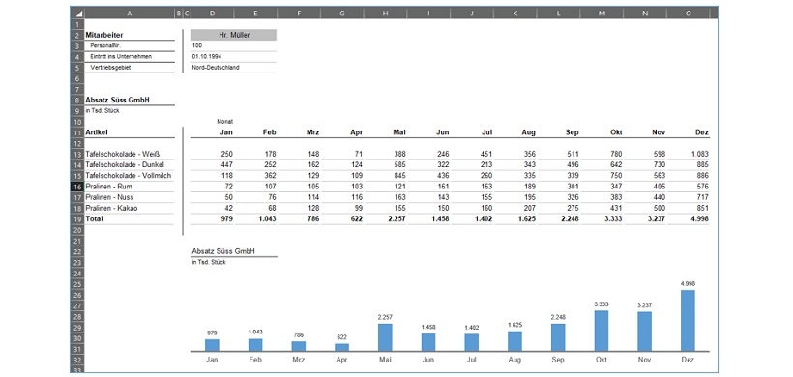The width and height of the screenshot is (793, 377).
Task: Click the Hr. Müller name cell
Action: (x=233, y=35)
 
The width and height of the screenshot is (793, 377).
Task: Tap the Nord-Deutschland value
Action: (x=217, y=68)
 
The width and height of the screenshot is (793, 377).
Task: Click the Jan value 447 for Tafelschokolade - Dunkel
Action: (x=226, y=164)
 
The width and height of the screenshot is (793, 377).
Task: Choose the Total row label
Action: (x=96, y=219)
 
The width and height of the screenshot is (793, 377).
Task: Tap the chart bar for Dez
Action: (x=688, y=320)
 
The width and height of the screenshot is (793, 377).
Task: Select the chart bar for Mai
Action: (x=384, y=336)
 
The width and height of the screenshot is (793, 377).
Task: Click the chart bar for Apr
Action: (x=341, y=346)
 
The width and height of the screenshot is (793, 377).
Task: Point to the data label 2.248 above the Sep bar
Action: (x=558, y=316)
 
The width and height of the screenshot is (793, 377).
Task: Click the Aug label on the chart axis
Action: (x=514, y=360)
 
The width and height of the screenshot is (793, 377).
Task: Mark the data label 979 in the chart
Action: (x=212, y=333)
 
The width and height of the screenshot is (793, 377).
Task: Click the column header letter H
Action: (x=385, y=14)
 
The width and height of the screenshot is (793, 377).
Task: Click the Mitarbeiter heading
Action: (x=105, y=35)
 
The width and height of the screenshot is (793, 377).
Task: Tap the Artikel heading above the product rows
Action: (x=97, y=132)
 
